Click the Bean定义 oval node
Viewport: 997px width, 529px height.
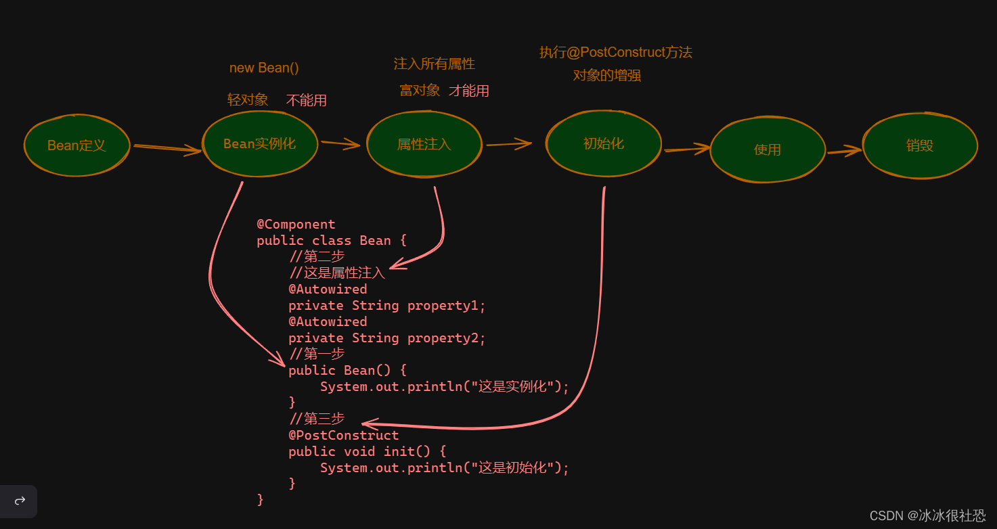pos(76,145)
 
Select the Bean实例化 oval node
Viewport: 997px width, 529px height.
pos(260,143)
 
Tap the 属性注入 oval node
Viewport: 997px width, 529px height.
pos(424,143)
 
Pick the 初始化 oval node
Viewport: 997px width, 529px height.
pos(603,143)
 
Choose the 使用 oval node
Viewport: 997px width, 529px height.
pos(768,149)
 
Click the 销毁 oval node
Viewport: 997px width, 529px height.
pos(919,145)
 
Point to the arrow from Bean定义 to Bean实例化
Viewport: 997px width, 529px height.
pos(167,148)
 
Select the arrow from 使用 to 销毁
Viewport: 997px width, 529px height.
pos(844,152)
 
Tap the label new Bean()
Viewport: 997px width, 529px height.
pos(264,68)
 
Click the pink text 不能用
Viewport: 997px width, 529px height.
pos(306,100)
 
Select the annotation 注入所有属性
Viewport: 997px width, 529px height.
pos(434,64)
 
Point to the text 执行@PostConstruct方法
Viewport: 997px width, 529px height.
pos(615,52)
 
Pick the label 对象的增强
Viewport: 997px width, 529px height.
pos(606,75)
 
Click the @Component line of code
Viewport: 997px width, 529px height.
pos(296,224)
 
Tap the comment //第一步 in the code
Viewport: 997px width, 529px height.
pos(316,354)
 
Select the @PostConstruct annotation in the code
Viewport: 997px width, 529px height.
pos(343,435)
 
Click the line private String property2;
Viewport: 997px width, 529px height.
pos(386,338)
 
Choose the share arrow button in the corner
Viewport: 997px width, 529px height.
pos(20,501)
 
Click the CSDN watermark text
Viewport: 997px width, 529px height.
pos(927,515)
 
